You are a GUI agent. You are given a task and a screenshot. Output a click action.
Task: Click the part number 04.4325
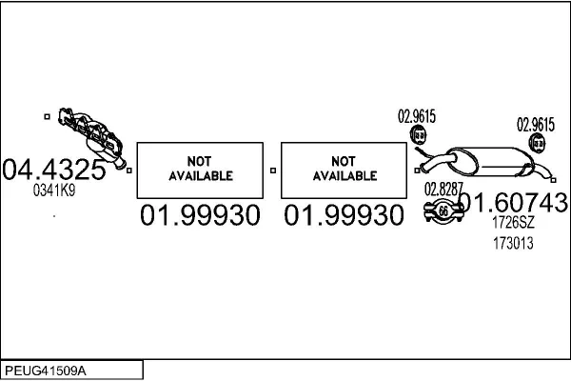(x=54, y=170)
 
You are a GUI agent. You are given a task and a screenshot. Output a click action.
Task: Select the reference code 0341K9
(x=54, y=190)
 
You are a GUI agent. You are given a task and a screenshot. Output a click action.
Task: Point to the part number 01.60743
(x=514, y=202)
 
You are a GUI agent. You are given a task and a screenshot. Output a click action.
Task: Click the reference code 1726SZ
(x=513, y=222)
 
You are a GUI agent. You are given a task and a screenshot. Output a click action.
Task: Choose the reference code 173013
(x=513, y=243)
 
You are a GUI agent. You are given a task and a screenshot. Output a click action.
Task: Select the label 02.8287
(x=443, y=190)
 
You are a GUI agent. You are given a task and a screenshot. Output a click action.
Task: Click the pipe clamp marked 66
(x=443, y=211)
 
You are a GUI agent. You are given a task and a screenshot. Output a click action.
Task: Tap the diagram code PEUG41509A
(x=46, y=371)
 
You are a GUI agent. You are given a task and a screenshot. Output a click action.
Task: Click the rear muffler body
(x=492, y=162)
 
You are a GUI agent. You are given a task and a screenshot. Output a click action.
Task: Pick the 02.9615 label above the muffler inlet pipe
(x=417, y=116)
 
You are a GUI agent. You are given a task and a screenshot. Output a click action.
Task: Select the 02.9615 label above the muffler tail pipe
(x=535, y=125)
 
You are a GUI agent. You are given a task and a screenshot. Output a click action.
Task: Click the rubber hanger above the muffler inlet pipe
(x=418, y=135)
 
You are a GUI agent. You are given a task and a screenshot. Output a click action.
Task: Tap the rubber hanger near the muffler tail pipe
(x=537, y=143)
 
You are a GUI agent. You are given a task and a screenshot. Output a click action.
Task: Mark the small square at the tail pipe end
(x=554, y=180)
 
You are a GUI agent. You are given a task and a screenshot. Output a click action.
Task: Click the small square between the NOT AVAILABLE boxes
(x=273, y=170)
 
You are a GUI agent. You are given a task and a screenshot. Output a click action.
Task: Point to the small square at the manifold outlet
(x=128, y=170)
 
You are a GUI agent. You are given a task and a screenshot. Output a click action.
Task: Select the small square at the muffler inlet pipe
(x=417, y=170)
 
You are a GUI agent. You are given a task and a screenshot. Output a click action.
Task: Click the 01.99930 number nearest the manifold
(x=200, y=215)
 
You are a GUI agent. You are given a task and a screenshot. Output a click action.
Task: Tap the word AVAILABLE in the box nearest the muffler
(x=345, y=176)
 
